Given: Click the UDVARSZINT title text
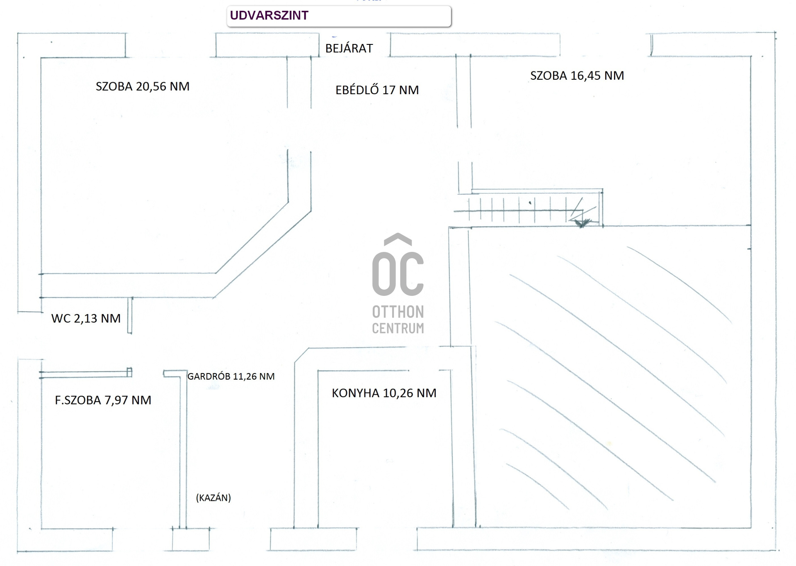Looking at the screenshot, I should (269, 15).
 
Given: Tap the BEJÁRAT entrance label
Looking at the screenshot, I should (349, 49).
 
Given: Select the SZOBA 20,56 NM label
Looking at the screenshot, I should (143, 86).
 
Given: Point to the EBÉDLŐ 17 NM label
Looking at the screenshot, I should (377, 90).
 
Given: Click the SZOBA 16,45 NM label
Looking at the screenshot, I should (577, 76).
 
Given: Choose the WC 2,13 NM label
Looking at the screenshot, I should (86, 318).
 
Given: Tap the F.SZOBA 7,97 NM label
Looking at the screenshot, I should (103, 400).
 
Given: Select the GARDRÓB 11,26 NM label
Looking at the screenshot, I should (231, 376).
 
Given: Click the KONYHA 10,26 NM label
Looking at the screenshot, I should (384, 393).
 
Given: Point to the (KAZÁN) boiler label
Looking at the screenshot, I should (214, 498).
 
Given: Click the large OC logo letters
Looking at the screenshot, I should (398, 274).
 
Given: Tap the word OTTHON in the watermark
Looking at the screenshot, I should (398, 312).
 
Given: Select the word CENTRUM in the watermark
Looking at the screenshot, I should (398, 328).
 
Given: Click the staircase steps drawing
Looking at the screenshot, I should (522, 210).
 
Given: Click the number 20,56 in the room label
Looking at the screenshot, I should (151, 86).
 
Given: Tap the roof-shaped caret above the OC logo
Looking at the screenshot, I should (398, 239).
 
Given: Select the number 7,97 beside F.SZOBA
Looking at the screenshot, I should (115, 400).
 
